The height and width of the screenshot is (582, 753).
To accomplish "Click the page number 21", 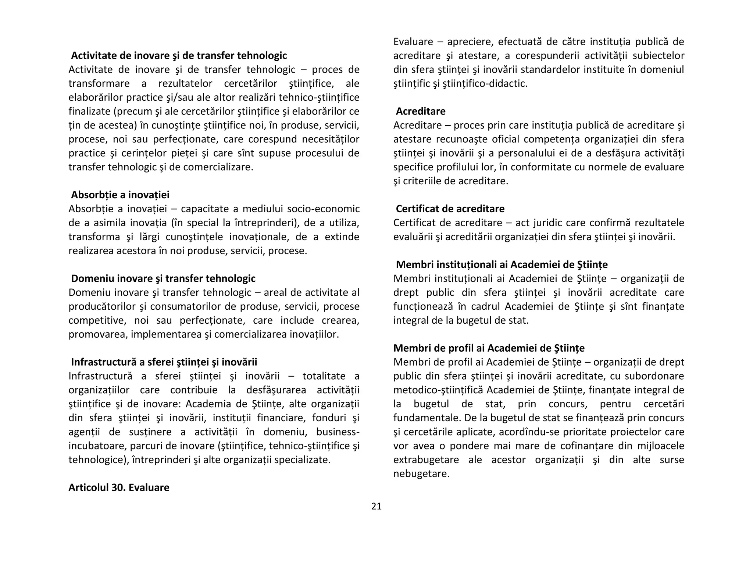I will coord(376,506).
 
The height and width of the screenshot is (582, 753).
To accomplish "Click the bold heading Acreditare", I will coord(421,111).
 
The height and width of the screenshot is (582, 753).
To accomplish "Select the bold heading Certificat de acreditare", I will coord(450,209).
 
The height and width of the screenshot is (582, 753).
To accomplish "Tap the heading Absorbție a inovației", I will coord(120,195).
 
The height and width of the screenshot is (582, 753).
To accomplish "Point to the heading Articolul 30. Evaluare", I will coord(119,487).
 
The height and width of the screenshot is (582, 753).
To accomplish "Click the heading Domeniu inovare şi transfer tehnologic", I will coord(163,278).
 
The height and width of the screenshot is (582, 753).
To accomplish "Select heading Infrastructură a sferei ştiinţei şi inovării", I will coord(164,362).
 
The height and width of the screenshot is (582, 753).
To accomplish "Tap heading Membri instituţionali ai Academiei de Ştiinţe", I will coord(502,265).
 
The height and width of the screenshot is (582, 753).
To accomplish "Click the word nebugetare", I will coord(421,473).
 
